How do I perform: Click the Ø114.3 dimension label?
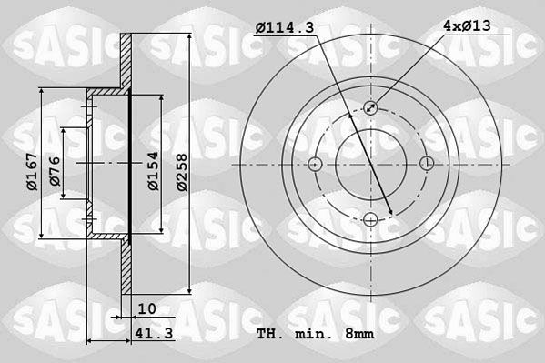285,27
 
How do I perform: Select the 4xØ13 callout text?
467,25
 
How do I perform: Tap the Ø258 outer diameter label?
182,173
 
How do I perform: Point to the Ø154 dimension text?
153,171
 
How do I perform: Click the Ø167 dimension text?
32,171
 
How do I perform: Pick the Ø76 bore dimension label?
55,171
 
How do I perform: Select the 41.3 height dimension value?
154,334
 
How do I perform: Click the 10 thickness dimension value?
147,308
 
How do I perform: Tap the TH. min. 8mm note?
315,334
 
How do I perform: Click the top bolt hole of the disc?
371,107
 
